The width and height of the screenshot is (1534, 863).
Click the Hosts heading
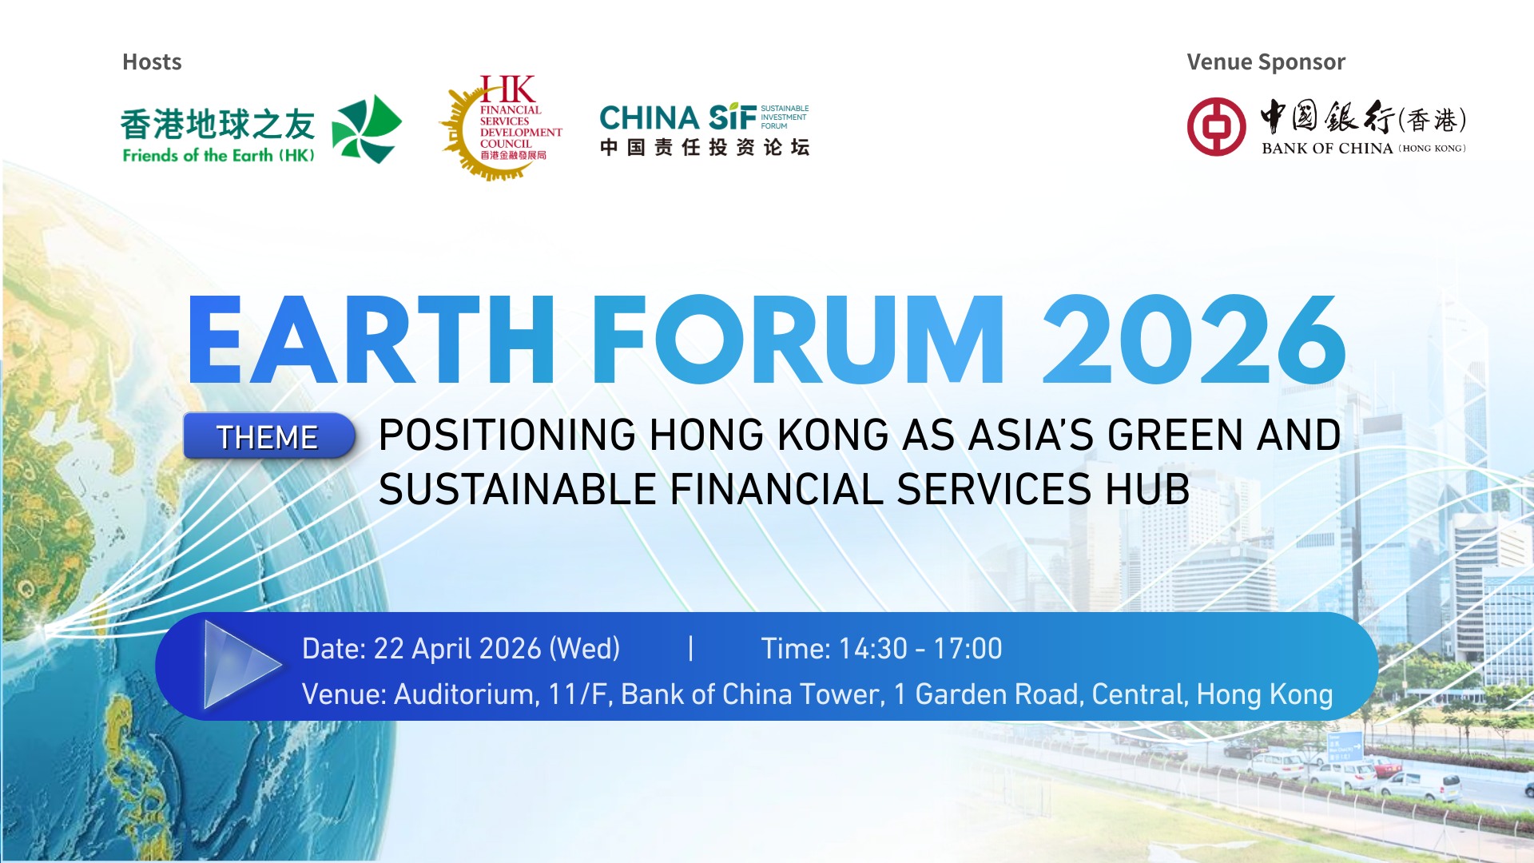pos(152,62)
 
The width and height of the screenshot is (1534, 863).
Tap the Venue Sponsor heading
pos(1266,62)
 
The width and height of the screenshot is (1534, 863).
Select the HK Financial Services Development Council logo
pos(502,128)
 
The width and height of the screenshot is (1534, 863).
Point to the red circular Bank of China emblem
pos(1216,127)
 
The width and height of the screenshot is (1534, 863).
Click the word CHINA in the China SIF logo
pos(650,118)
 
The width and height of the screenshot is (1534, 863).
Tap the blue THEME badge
pos(268,436)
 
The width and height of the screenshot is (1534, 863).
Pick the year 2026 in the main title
pos(1194,340)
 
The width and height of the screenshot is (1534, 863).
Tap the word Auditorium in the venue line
pos(463,694)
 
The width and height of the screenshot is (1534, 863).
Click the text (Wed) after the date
pos(585,649)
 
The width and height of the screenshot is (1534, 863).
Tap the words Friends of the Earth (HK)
pos(218,156)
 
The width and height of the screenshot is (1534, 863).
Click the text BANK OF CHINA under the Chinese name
pos(1327,149)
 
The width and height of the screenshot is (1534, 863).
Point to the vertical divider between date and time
pos(690,648)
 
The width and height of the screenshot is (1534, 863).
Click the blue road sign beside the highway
pos(1345,746)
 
